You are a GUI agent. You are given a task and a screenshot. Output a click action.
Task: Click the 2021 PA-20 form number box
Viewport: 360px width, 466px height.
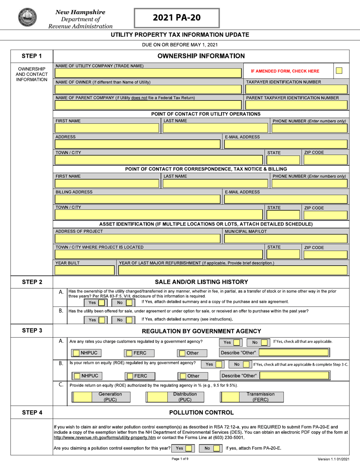177,18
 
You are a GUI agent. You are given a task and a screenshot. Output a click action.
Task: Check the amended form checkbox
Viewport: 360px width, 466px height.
339,70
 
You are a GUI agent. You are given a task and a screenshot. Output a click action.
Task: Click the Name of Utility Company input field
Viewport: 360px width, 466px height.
148,73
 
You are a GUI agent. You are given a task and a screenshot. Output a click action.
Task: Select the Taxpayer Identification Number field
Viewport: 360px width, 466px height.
296,89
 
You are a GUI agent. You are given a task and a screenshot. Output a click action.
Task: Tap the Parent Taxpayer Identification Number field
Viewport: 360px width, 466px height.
296,105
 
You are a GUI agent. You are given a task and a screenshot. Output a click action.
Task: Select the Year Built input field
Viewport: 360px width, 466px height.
85,270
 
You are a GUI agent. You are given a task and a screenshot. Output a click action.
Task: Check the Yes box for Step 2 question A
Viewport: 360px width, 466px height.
101,303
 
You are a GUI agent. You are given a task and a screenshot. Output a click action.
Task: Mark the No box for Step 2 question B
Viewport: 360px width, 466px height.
129,320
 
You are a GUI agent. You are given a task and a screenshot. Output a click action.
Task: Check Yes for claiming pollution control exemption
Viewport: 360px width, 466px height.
188,449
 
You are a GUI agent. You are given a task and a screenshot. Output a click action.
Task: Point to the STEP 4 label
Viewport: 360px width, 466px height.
31,412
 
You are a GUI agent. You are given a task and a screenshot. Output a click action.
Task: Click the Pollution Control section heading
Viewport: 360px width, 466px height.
201,413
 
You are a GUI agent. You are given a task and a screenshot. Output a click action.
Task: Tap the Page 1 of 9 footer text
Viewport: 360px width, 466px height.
180,459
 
